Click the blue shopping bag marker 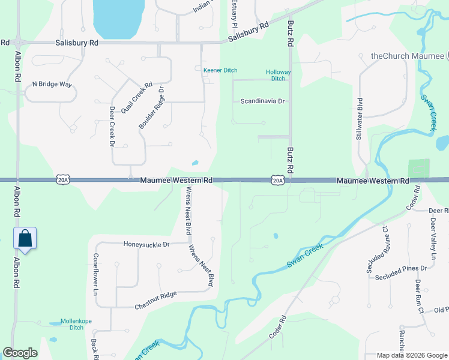click(x=25, y=238)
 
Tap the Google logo click(x=20, y=353)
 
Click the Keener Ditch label click(x=220, y=70)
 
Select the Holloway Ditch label click(x=278, y=75)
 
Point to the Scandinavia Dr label click(x=262, y=101)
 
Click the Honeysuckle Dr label click(x=146, y=244)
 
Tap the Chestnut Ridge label click(x=155, y=294)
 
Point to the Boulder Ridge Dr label click(x=151, y=107)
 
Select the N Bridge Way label click(x=52, y=84)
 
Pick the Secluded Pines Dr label click(x=400, y=277)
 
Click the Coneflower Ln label click(x=95, y=275)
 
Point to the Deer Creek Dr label click(x=112, y=127)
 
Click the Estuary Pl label click(x=235, y=13)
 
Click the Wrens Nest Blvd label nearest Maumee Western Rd click(x=188, y=211)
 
